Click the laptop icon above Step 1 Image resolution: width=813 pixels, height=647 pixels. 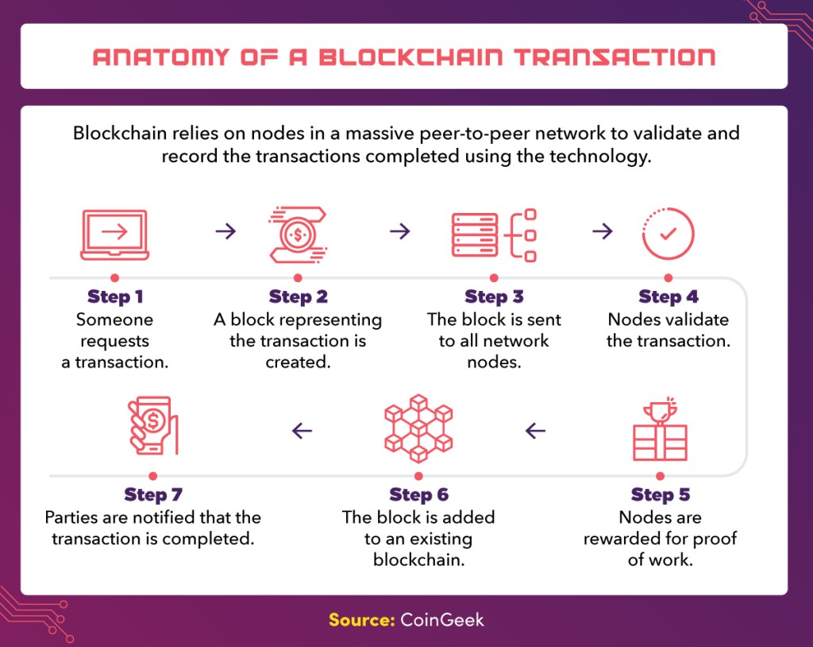(x=114, y=234)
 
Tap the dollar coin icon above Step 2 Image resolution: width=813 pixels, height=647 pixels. (x=298, y=234)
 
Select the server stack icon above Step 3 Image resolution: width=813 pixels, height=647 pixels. (x=494, y=235)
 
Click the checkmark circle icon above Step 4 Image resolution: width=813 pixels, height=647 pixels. (x=668, y=234)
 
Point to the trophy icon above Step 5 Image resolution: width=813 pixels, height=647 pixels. (x=660, y=429)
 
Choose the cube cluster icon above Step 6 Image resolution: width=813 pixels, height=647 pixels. (x=418, y=428)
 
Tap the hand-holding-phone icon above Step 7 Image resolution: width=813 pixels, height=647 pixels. (x=153, y=426)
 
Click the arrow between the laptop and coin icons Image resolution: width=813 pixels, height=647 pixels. (x=225, y=231)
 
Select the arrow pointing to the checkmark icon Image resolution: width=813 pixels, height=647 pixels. (x=603, y=231)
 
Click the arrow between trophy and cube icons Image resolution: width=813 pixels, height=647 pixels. (x=535, y=431)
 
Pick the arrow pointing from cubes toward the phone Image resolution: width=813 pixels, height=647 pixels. (x=302, y=431)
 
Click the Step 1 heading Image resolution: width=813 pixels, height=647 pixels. (x=114, y=296)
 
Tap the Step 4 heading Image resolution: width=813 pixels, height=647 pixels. (x=669, y=296)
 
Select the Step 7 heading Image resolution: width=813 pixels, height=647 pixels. (x=153, y=494)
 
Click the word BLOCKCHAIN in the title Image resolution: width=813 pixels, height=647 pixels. (x=410, y=57)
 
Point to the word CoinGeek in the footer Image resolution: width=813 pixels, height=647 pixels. (x=441, y=619)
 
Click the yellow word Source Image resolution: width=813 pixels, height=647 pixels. (x=362, y=619)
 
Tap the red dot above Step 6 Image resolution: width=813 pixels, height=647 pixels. (x=418, y=476)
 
